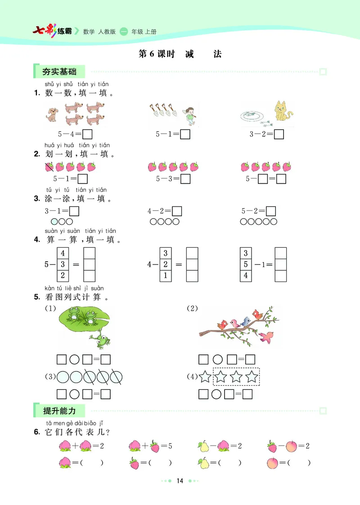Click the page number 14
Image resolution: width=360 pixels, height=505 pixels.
[180, 481]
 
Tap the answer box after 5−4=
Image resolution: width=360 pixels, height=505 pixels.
[88, 134]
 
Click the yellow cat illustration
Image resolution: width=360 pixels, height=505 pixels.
[282, 111]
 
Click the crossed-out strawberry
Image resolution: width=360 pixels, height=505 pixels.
[49, 167]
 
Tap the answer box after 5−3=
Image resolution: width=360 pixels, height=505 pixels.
[185, 179]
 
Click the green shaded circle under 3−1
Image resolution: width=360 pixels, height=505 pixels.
[54, 222]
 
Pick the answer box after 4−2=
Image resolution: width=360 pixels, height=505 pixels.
[177, 211]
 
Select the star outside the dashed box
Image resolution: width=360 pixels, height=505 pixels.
[205, 376]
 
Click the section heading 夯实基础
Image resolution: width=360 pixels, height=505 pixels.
[59, 72]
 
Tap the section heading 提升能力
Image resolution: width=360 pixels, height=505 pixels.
[59, 410]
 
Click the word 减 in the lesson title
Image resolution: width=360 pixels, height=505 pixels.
[189, 54]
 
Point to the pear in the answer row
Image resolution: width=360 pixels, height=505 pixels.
[203, 462]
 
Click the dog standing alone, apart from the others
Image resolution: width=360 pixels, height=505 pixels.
[52, 114]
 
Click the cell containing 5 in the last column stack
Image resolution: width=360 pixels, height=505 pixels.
[246, 264]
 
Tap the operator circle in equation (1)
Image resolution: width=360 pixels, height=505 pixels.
[75, 359]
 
